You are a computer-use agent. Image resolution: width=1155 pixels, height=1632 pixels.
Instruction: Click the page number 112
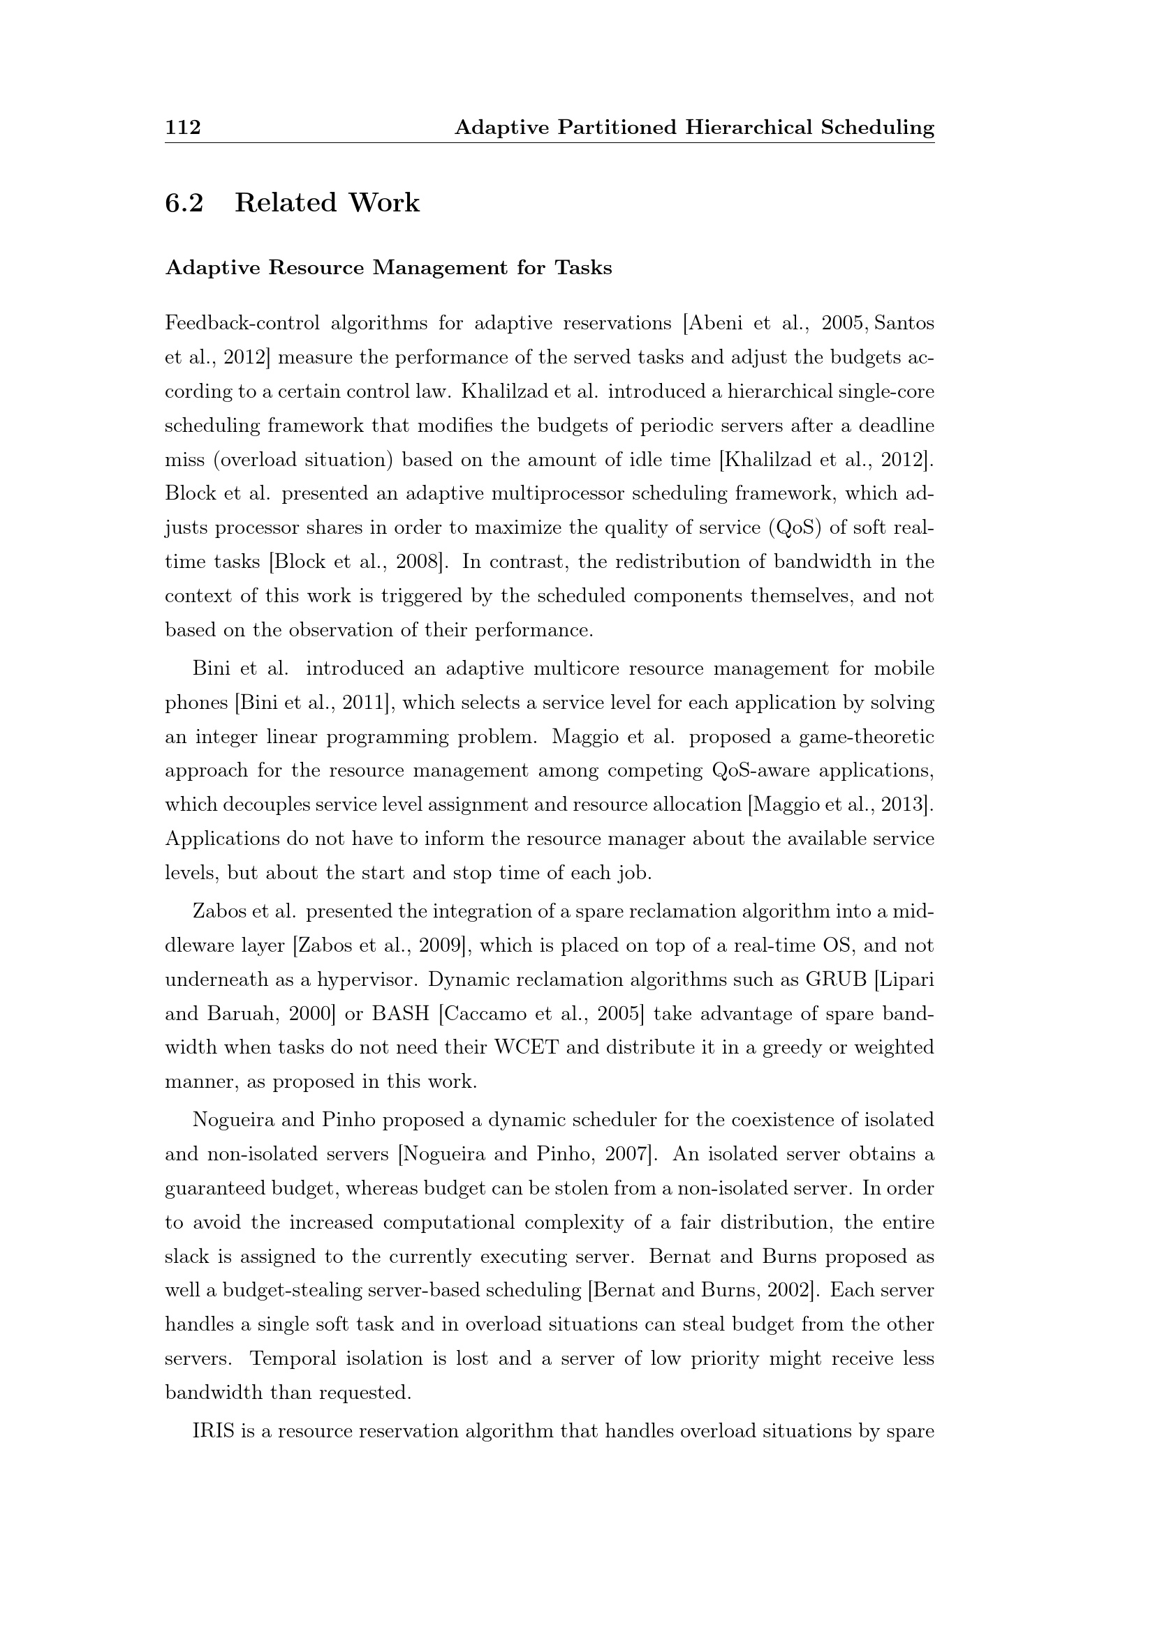(183, 127)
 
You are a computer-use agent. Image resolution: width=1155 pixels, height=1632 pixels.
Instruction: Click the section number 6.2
(184, 202)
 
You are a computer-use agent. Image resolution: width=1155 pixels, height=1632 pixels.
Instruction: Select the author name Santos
(904, 324)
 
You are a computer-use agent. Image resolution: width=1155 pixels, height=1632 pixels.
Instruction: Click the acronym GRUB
(836, 980)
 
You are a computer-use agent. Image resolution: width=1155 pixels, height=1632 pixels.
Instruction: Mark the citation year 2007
(626, 1155)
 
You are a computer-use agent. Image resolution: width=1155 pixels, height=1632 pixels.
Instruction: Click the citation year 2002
(787, 1292)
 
